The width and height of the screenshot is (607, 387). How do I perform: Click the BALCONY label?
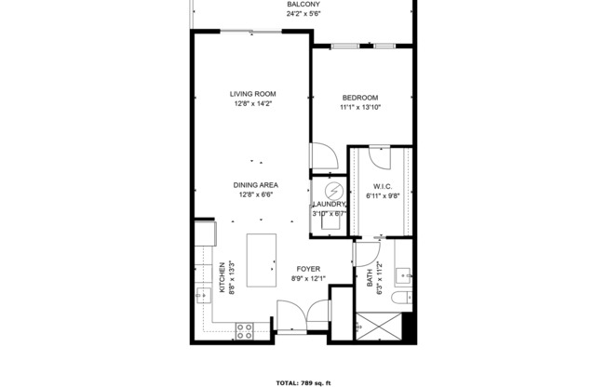click(303, 5)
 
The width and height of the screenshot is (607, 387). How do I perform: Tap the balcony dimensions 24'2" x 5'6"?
click(303, 15)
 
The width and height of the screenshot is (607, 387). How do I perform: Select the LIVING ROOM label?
click(254, 94)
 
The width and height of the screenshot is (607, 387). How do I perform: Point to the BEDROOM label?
click(359, 98)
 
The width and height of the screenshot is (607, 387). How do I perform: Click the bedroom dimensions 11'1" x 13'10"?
click(359, 108)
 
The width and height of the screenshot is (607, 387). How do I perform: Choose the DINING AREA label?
click(256, 185)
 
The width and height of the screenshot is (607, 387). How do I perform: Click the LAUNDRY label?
click(329, 204)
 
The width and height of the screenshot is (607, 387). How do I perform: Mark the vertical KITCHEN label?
click(222, 277)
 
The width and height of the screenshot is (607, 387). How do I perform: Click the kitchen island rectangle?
click(262, 263)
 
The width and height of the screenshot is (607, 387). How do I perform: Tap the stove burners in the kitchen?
click(246, 327)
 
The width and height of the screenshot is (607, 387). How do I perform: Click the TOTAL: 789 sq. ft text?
click(303, 382)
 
